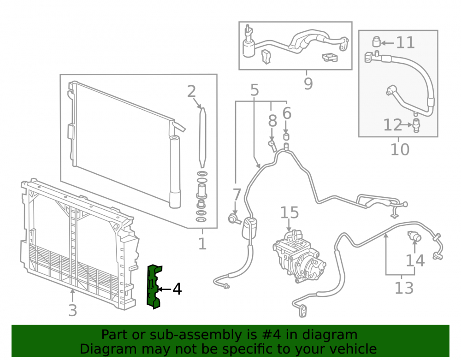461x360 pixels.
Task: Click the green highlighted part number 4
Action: click(x=154, y=287)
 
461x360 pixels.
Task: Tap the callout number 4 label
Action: click(x=177, y=289)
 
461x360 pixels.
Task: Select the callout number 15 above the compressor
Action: click(x=290, y=212)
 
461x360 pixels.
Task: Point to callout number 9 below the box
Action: click(x=308, y=84)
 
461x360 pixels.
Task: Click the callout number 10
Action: click(x=400, y=150)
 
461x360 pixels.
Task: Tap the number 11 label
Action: click(x=405, y=42)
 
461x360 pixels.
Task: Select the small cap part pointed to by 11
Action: click(x=377, y=41)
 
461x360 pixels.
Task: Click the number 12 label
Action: click(x=392, y=125)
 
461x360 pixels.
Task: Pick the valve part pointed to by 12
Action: click(x=416, y=125)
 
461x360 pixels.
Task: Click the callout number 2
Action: click(x=191, y=91)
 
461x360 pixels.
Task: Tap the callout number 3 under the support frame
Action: click(x=73, y=310)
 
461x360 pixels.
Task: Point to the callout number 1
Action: click(x=202, y=244)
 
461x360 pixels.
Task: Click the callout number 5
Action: click(x=254, y=90)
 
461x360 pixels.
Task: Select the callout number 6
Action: click(x=287, y=113)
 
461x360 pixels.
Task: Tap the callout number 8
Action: click(x=272, y=121)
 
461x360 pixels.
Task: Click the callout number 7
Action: click(x=236, y=195)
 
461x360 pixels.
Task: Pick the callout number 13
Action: click(x=404, y=288)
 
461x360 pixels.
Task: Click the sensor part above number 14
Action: click(x=414, y=236)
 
